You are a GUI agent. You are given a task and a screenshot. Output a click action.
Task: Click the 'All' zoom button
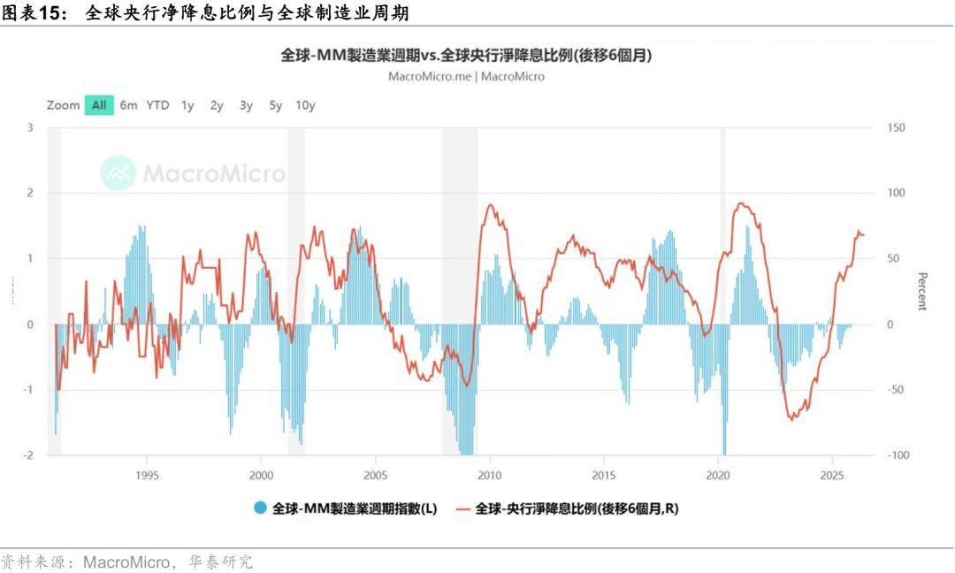click(x=99, y=105)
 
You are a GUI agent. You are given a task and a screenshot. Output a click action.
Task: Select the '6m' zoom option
click(x=129, y=105)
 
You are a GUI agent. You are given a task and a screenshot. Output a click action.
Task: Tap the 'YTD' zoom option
click(x=158, y=105)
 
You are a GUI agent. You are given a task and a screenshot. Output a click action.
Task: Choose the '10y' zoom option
click(x=305, y=105)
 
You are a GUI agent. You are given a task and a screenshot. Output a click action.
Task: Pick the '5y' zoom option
click(x=276, y=105)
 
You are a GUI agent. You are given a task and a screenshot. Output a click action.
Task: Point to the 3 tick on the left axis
click(x=30, y=127)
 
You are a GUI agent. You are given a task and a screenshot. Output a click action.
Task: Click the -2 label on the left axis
click(x=28, y=455)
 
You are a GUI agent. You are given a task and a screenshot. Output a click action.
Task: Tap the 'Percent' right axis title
click(x=922, y=291)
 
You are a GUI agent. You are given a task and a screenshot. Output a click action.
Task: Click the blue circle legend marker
click(x=260, y=508)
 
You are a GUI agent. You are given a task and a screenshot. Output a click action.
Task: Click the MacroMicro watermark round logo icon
click(x=118, y=173)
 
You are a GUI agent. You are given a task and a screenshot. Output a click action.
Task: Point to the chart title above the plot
click(x=466, y=55)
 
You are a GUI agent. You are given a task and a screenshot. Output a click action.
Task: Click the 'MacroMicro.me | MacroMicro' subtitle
click(x=466, y=76)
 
